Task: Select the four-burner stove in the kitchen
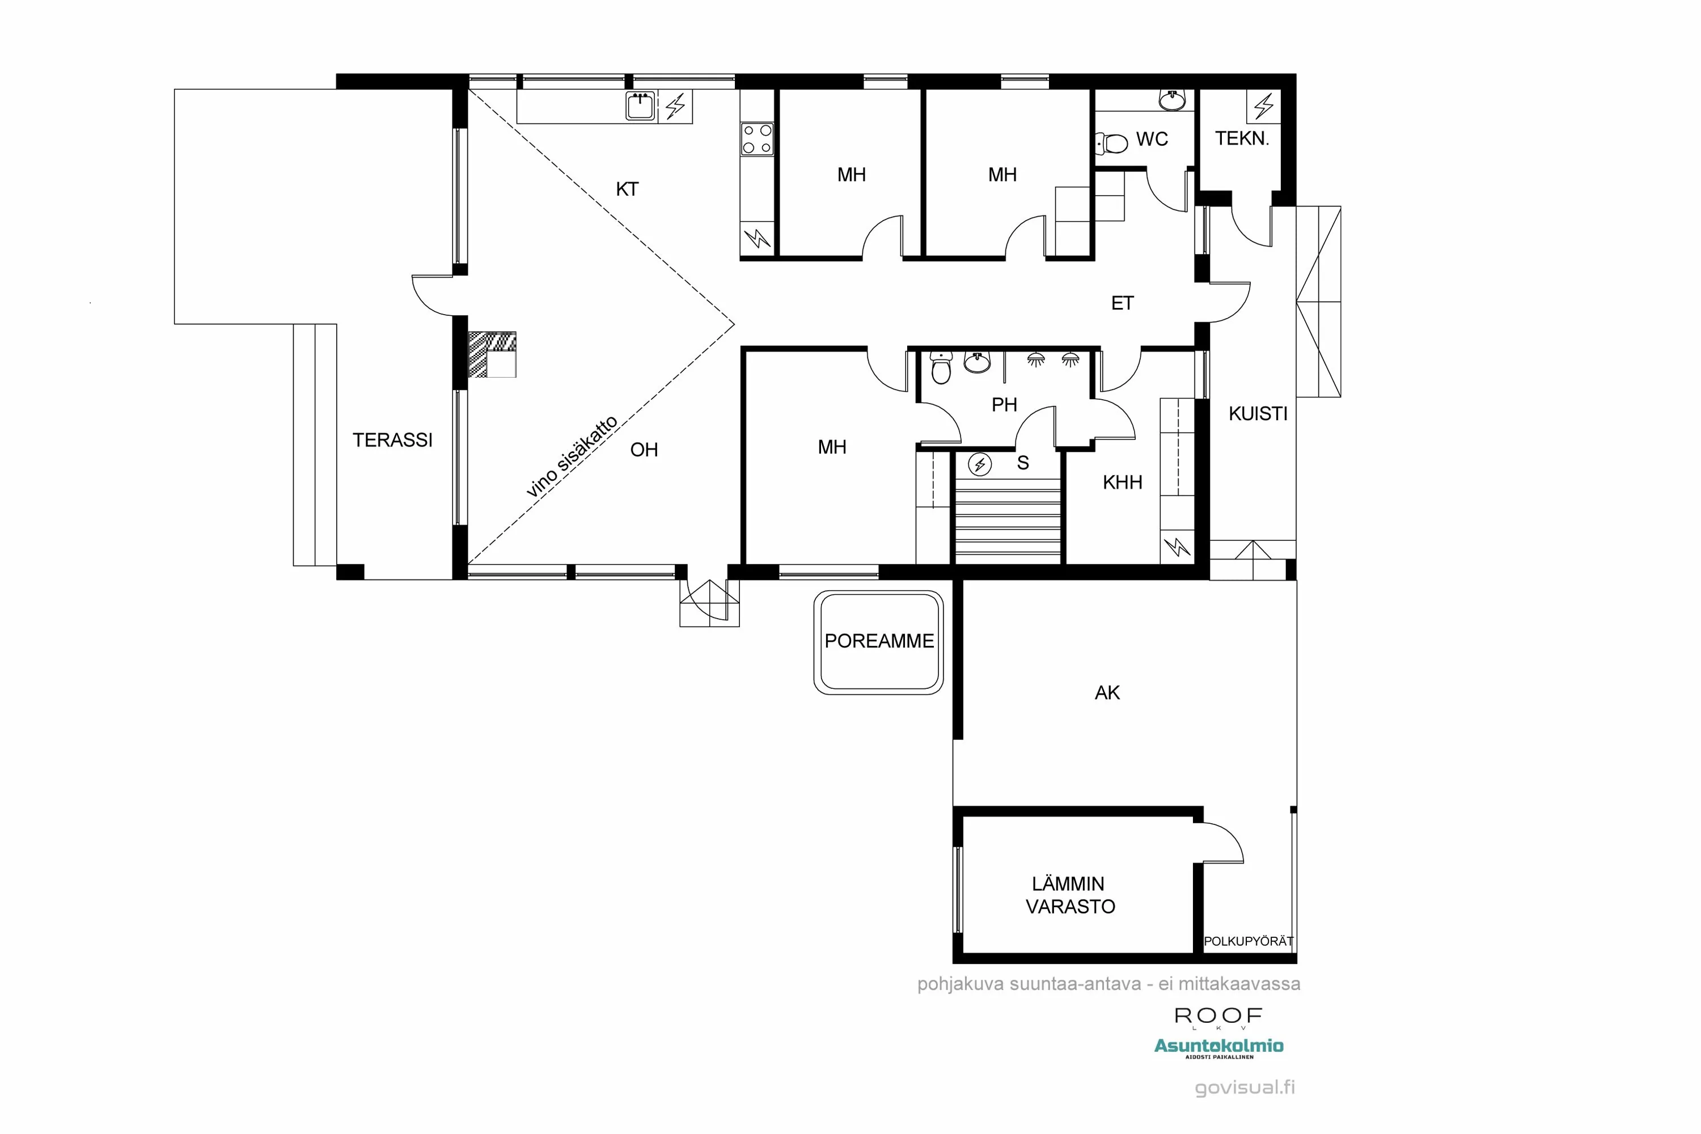(757, 139)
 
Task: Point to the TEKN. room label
(1242, 138)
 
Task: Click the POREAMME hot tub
(879, 641)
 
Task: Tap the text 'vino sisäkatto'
(572, 457)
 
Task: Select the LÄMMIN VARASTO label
(1069, 895)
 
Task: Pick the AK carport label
(1107, 693)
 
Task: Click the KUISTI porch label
(1258, 414)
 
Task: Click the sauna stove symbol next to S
(980, 464)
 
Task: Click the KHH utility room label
(1122, 483)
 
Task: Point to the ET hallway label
(1122, 303)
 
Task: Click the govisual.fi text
(1245, 1087)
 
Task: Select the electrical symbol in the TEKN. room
(1263, 107)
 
